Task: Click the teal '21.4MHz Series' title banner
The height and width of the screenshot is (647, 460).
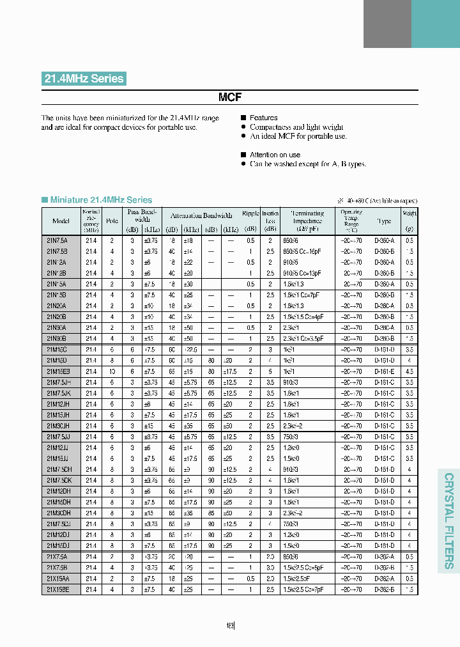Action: coord(84,79)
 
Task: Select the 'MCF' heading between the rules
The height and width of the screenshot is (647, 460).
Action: coord(230,97)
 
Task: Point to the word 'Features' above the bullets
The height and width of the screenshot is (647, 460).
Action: coord(263,118)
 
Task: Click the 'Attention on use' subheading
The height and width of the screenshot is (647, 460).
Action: coord(275,155)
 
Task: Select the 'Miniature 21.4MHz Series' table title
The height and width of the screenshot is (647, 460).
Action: coord(101,200)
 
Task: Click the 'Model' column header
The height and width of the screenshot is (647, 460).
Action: coord(61,221)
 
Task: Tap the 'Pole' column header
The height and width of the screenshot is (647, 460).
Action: coord(112,221)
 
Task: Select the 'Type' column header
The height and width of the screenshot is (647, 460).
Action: coord(384,221)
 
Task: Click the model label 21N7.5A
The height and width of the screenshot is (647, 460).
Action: coord(57,240)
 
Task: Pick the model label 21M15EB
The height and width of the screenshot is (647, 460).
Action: coord(58,371)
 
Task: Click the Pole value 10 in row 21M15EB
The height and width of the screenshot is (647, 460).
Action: coord(112,371)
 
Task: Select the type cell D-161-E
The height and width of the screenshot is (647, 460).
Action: coord(384,371)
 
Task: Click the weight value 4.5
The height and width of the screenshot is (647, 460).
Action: coord(409,371)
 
